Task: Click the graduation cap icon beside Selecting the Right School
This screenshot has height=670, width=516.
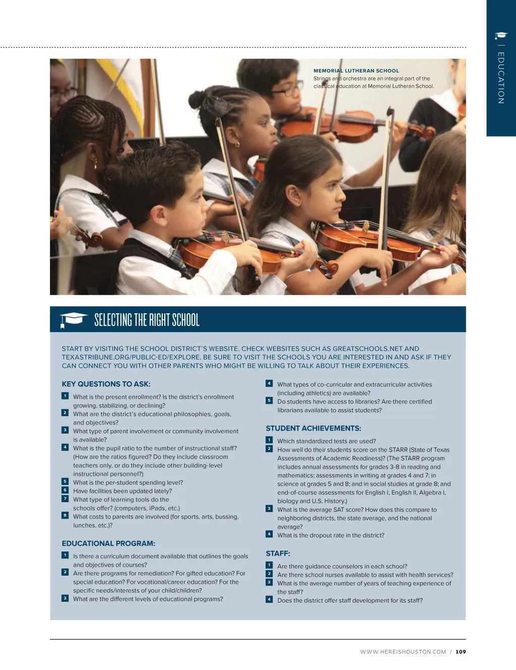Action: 74,319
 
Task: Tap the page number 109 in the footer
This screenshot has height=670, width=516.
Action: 461,652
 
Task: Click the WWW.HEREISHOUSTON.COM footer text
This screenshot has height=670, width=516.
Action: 403,652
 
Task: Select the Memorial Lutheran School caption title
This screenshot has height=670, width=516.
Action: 356,71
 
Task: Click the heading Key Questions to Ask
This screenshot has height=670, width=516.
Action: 106,384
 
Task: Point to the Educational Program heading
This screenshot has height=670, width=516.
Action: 108,544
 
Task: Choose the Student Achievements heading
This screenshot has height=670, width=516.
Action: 313,428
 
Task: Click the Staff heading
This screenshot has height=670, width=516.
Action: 278,553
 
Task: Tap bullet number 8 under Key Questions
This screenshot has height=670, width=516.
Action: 65,515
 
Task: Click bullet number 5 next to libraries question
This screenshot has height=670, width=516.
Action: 269,400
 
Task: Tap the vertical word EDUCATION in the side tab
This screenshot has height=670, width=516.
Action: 501,78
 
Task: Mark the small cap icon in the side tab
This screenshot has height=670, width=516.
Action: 501,35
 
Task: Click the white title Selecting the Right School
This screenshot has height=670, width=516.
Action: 147,320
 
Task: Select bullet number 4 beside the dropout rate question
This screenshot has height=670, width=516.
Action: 269,534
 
